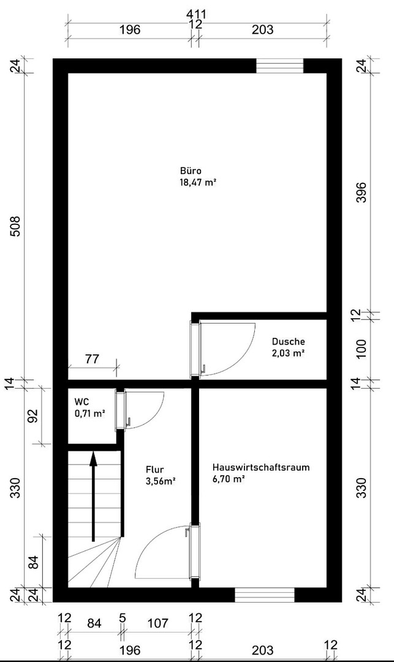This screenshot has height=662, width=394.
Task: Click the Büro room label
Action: pyautogui.click(x=191, y=171)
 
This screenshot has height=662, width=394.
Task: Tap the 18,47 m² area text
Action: pyautogui.click(x=198, y=183)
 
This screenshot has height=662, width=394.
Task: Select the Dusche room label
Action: pyautogui.click(x=288, y=341)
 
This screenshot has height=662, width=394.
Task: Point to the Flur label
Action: pyautogui.click(x=155, y=470)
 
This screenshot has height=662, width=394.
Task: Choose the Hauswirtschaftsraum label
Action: pyautogui.click(x=261, y=467)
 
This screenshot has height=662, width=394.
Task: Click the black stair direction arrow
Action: pyautogui.click(x=93, y=496)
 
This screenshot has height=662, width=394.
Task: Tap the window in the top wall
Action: pyautogui.click(x=280, y=66)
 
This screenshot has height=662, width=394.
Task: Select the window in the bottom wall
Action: pyautogui.click(x=265, y=595)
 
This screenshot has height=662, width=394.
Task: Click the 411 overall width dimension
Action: pyautogui.click(x=197, y=14)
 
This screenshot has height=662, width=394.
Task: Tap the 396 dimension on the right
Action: pyautogui.click(x=362, y=192)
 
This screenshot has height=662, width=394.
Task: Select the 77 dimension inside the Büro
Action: pyautogui.click(x=92, y=359)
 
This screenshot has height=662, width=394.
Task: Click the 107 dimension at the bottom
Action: pyautogui.click(x=159, y=623)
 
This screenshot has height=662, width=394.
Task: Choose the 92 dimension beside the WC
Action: pyautogui.click(x=34, y=416)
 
